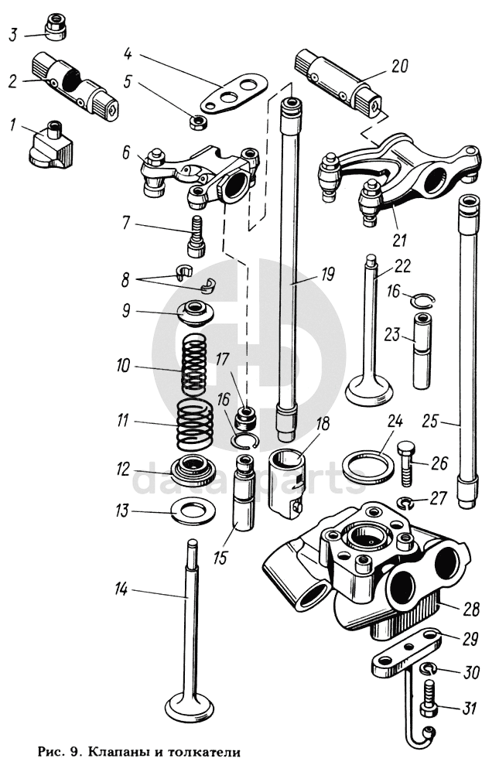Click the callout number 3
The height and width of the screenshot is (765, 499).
point(13,35)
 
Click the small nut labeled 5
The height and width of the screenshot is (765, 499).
point(197,122)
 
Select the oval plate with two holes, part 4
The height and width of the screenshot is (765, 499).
point(235,93)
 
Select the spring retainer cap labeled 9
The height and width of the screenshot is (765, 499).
point(196,312)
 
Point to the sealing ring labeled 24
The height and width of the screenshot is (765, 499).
point(368,464)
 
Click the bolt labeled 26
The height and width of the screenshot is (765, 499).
point(406,463)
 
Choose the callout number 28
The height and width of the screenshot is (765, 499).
point(472,610)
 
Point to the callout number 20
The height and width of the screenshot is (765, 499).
point(399,66)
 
